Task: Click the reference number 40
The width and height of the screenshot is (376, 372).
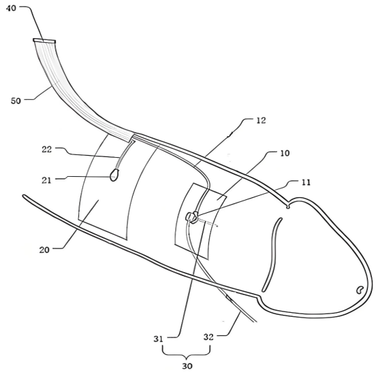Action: [x=11, y=8]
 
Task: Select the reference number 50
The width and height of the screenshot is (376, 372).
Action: [x=16, y=101]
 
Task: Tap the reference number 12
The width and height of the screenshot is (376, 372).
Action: [x=261, y=120]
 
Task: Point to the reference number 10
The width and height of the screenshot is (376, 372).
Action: [x=285, y=153]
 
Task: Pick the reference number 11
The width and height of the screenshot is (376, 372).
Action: [x=305, y=182]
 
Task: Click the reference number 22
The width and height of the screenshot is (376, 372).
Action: [x=47, y=150]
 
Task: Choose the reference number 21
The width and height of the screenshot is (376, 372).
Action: [x=46, y=180]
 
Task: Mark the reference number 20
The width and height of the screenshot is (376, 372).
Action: [x=44, y=250]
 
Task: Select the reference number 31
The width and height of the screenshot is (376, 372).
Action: [x=158, y=339]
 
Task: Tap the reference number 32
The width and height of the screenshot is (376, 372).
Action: [x=208, y=337]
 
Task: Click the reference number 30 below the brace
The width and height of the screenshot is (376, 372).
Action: [x=187, y=366]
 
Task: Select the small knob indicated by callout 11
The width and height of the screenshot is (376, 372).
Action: [x=191, y=218]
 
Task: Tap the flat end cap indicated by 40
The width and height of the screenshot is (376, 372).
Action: [x=44, y=41]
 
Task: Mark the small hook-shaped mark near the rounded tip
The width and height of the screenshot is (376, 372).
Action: [x=359, y=290]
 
